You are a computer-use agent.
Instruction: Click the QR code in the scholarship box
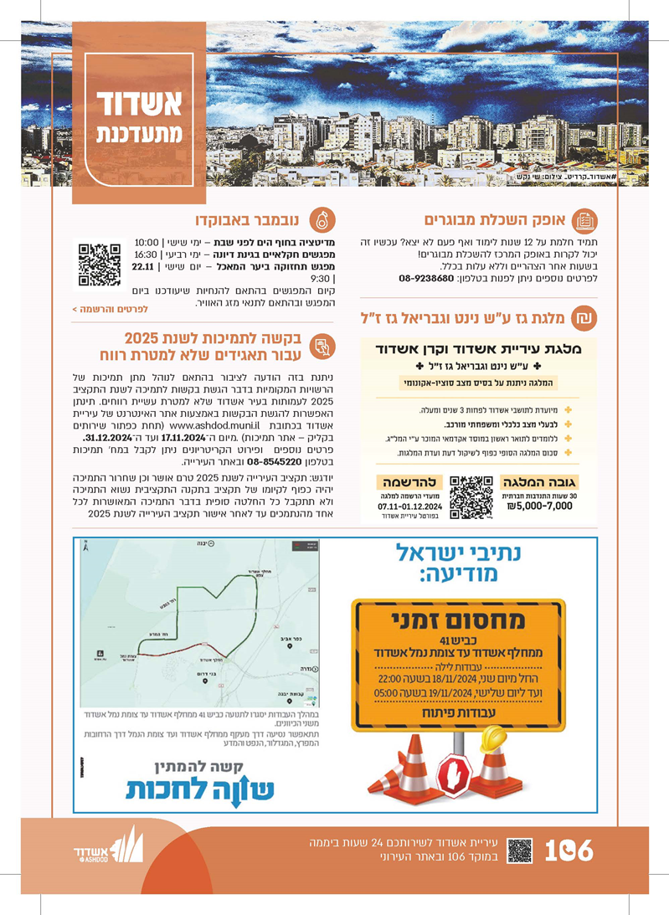pos(471,497)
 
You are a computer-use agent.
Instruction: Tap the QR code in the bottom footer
pos(519,851)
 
